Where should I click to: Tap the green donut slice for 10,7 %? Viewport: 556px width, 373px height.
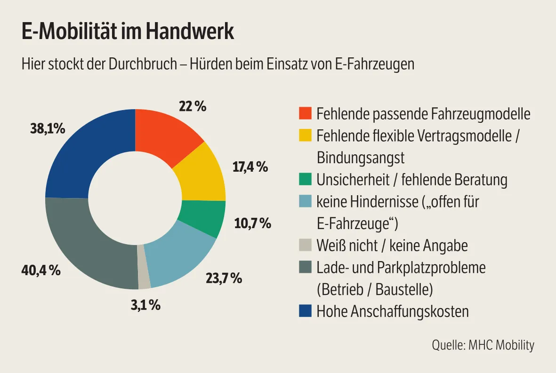coord(203,217)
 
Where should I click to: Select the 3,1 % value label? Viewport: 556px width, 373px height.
coord(145,305)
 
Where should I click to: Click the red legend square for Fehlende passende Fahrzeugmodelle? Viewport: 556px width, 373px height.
coord(305,113)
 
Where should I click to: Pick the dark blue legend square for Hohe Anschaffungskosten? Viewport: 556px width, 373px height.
coord(305,311)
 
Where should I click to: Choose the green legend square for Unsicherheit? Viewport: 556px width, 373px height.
coord(305,180)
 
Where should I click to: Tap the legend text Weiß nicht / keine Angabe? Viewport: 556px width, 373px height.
coord(392,246)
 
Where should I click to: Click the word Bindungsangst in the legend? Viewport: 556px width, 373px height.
coord(361,158)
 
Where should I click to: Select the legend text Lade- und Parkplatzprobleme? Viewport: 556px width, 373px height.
coord(401,268)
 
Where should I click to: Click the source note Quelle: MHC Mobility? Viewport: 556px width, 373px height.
coord(483,345)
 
